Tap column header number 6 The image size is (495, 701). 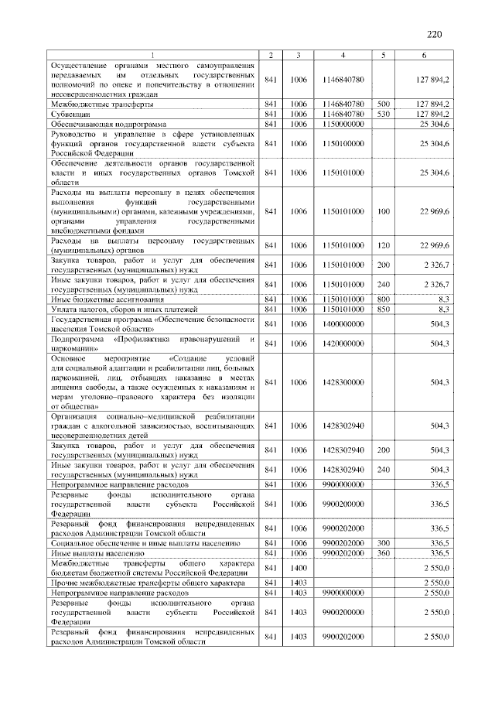tap(423, 55)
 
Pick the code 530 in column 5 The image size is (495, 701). tap(383, 113)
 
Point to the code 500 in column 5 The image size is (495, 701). tap(383, 103)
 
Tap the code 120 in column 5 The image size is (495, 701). tap(383, 245)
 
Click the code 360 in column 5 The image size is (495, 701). tap(383, 554)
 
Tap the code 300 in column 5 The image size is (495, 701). tap(383, 544)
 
